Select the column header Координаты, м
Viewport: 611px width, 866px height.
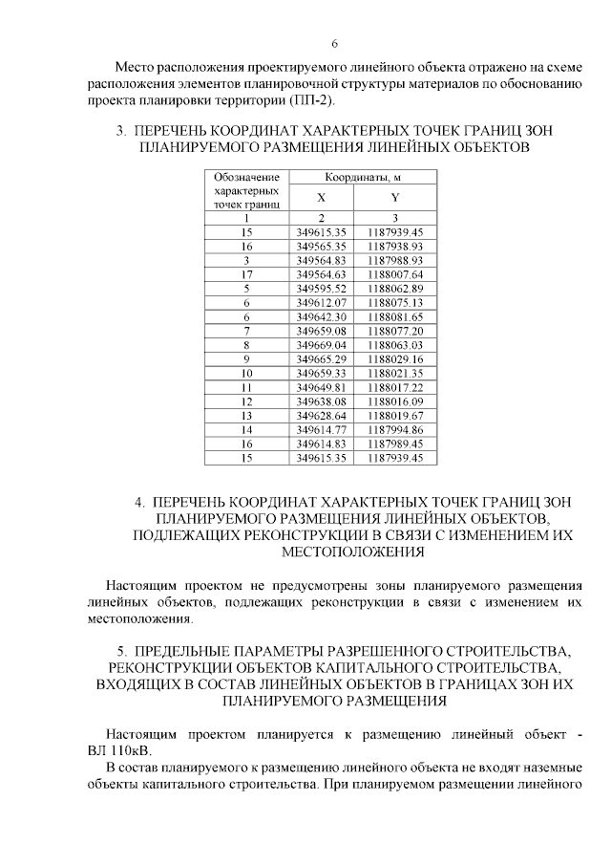361,177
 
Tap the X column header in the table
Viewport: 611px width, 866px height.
322,197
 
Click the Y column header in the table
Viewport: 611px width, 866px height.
394,197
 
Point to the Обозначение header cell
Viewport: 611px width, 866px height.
246,177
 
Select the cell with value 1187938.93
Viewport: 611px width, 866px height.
395,246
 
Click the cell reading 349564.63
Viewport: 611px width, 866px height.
322,273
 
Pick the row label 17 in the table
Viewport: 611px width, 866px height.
246,273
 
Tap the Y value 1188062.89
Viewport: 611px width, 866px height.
395,288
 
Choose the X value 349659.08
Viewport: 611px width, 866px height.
322,330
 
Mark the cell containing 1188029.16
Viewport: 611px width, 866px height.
395,357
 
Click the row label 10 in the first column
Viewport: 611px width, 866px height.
246,372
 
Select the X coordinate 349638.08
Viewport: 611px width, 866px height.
322,401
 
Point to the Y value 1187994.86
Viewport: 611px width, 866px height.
395,429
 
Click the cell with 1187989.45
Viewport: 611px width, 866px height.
395,444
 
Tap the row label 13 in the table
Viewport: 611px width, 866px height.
246,415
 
